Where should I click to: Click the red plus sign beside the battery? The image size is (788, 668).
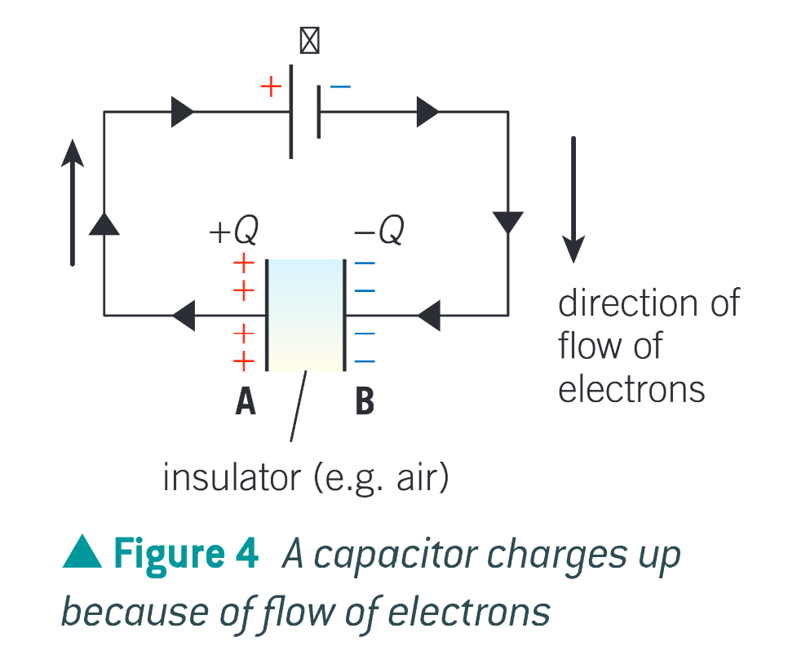(271, 86)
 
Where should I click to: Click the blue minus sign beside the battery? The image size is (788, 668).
(340, 86)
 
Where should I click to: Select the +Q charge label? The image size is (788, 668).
(234, 232)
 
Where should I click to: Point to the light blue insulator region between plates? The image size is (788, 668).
(305, 315)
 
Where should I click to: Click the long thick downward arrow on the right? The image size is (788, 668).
(573, 200)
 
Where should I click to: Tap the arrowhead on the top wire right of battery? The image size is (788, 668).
(427, 112)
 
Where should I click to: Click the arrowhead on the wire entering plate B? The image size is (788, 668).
(429, 315)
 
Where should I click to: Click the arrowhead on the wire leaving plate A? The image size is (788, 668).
(184, 315)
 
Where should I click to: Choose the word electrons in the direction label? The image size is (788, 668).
(631, 389)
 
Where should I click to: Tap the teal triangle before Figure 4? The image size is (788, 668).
(82, 555)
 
